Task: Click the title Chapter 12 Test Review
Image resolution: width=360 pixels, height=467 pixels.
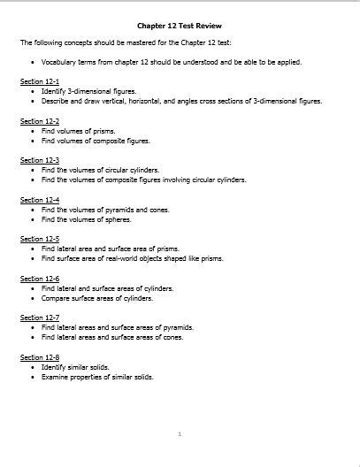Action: [179, 27]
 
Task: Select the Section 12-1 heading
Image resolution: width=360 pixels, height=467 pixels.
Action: [40, 80]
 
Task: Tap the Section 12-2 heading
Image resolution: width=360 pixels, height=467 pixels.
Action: [40, 120]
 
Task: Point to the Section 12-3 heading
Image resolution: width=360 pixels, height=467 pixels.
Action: [40, 160]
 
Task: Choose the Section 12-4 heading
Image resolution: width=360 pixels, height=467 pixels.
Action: [40, 200]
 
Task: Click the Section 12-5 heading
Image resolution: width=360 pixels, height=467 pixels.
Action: [40, 239]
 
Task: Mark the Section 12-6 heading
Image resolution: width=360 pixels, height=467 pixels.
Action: [40, 279]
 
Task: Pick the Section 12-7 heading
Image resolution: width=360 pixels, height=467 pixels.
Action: [40, 318]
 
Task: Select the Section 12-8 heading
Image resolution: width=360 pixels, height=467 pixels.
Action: [40, 356]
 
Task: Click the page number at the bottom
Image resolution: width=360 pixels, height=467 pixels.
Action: [180, 434]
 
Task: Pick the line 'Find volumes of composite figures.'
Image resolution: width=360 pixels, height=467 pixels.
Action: [96, 141]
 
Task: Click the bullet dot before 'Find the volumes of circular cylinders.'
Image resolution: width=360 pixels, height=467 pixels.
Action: [33, 170]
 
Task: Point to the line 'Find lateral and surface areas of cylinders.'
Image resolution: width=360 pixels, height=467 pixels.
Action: [107, 288]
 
